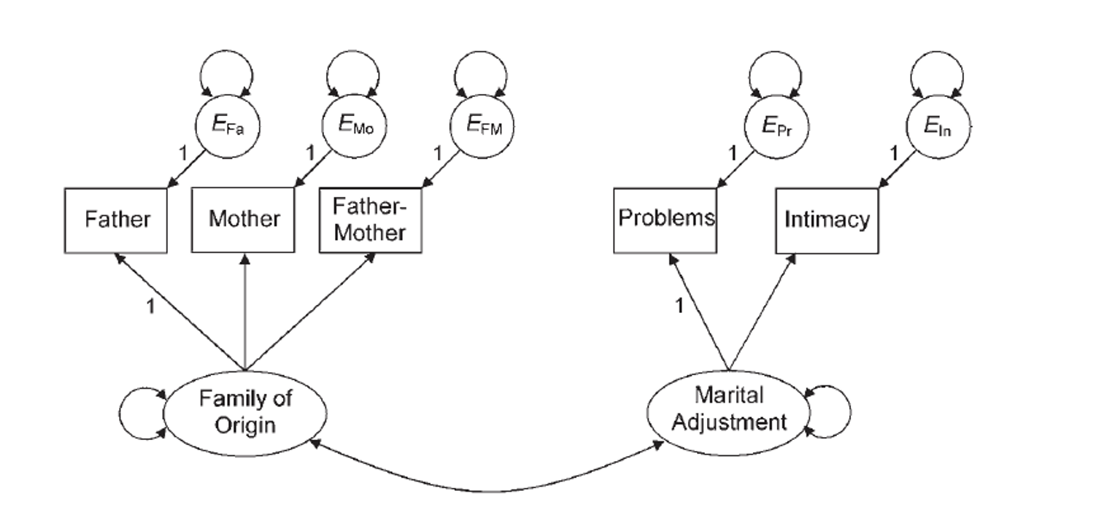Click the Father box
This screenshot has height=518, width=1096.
[115, 220]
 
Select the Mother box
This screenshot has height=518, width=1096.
[243, 220]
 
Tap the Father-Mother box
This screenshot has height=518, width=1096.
[371, 220]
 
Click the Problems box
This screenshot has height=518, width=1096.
[665, 220]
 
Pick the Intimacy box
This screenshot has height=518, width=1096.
[827, 220]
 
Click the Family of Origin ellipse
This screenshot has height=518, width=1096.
[244, 414]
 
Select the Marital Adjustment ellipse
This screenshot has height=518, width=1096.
[728, 413]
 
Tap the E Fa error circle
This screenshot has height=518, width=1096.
[228, 126]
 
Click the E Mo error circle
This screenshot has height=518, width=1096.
[354, 125]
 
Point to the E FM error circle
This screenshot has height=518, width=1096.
[482, 126]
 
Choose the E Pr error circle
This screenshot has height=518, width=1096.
[776, 127]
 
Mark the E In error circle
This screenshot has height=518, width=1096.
[938, 127]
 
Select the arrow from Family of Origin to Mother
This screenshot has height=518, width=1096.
[245, 312]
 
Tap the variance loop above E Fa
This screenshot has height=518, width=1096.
[226, 51]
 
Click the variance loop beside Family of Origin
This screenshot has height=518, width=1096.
[120, 414]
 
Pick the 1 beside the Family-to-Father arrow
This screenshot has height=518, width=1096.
[151, 306]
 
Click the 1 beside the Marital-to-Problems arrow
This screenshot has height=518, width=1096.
[679, 306]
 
